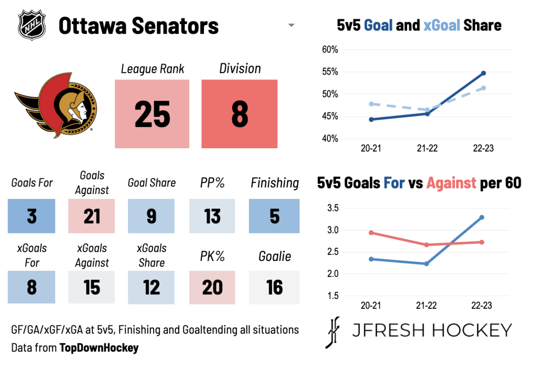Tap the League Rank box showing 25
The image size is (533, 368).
152,114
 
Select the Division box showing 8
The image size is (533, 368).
239,114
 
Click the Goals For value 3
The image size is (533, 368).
32,216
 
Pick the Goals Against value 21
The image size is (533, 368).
92,216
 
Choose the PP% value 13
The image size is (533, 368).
212,216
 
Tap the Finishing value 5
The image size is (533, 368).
274,216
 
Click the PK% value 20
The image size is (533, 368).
212,288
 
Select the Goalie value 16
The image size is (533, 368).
274,288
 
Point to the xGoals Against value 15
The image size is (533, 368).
92,288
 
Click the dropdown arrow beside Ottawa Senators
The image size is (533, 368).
291,26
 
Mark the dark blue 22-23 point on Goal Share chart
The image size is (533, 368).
483,73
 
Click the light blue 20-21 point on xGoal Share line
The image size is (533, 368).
371,104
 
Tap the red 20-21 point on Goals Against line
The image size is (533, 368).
371,233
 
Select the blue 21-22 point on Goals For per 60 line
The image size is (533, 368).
427,264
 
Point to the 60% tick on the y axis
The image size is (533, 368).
330,50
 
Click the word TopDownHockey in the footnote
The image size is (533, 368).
99,348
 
